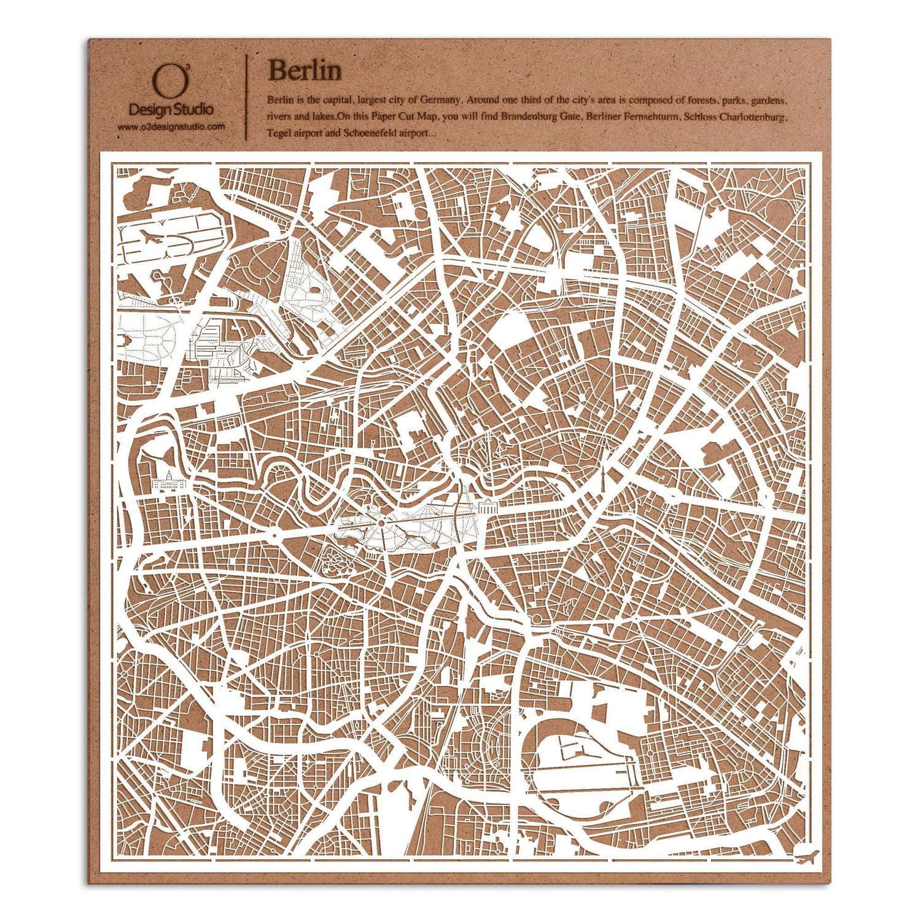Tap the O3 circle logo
point(162,80)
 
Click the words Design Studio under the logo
point(171,110)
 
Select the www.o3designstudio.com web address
point(171,126)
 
